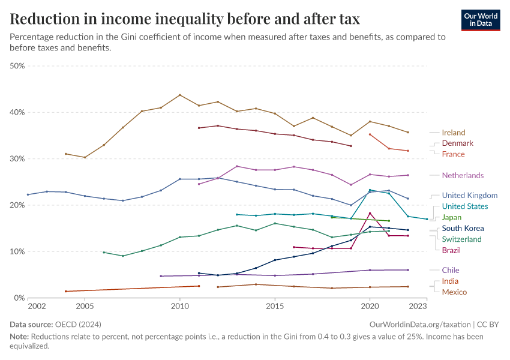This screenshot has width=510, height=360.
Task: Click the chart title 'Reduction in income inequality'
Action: pos(185,19)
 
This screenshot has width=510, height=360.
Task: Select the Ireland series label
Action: pos(453,133)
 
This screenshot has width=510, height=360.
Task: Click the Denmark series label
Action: pos(457,143)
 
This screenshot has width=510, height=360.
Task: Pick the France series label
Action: pos(453,154)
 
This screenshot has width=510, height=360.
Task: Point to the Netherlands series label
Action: pos(463,175)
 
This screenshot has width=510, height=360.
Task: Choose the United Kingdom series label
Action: pos(469,196)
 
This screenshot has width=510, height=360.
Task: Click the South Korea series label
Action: pos(463,229)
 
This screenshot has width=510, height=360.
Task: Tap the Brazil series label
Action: pos(451,250)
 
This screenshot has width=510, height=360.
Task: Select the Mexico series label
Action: pos(454,292)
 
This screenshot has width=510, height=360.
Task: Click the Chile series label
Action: pos(451,271)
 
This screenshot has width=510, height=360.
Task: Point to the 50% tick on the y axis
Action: pos(17,66)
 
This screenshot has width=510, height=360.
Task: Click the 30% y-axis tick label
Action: pos(17,159)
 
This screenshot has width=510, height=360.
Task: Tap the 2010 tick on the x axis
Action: pos(180,307)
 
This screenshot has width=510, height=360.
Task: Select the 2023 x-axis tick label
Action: pos(418,307)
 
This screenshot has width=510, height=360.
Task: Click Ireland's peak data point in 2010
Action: pos(180,95)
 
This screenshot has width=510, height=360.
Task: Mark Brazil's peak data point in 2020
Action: pos(370,213)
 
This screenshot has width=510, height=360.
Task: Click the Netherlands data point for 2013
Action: pos(237,166)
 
